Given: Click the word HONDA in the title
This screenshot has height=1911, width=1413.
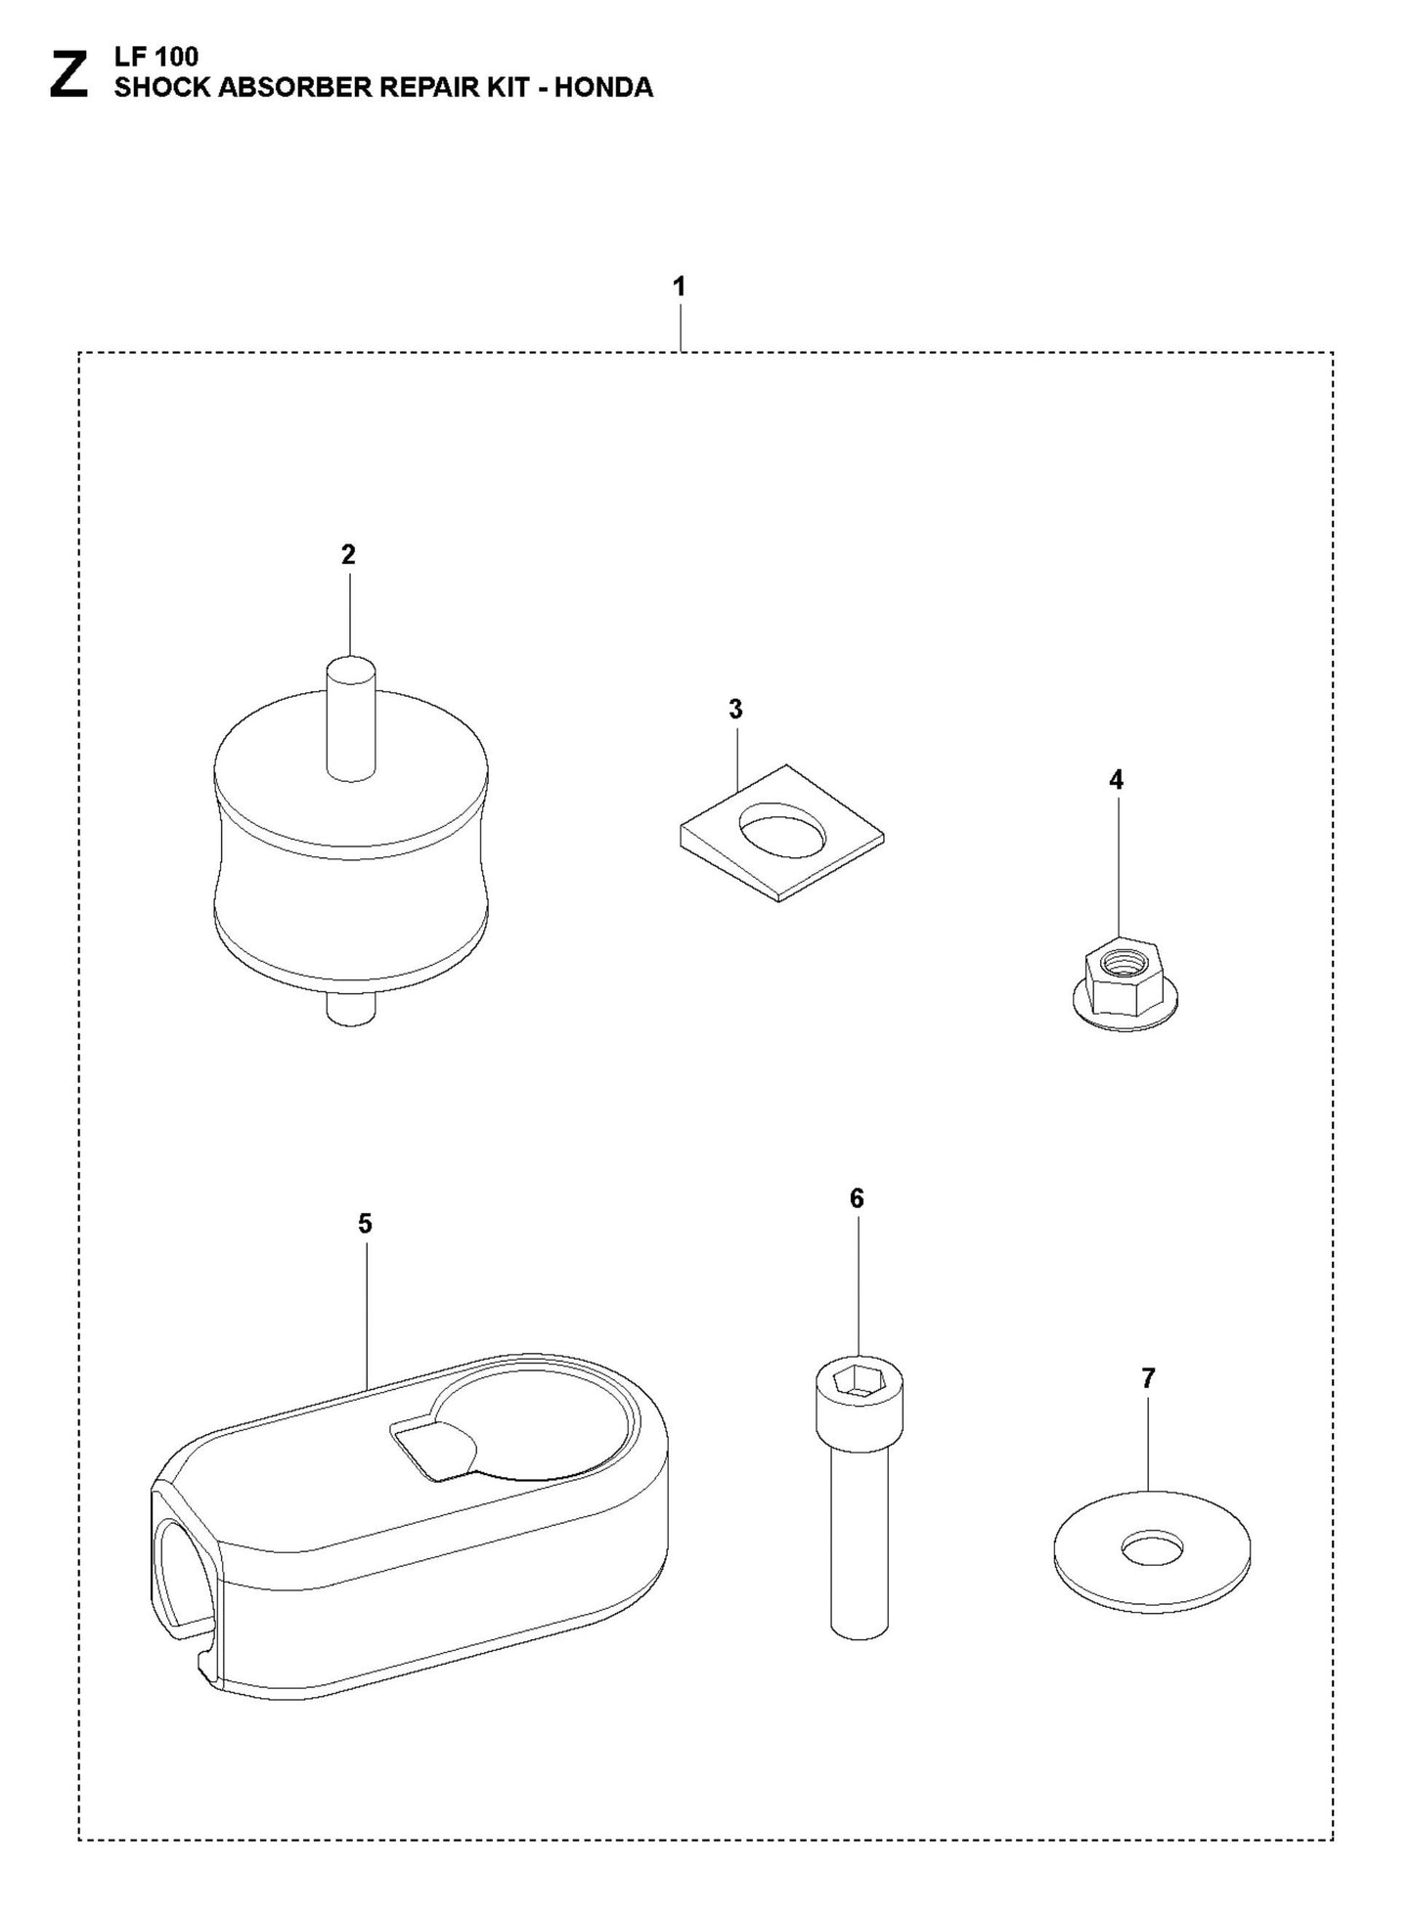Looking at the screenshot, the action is (603, 87).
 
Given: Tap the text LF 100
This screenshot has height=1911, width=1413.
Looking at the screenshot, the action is (155, 58).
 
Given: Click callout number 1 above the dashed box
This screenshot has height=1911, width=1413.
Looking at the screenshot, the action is (679, 287).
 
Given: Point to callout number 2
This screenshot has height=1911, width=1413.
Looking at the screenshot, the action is (348, 555).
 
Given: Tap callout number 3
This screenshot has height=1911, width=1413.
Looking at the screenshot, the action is (735, 710).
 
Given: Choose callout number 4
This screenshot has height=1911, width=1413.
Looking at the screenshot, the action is (1116, 780).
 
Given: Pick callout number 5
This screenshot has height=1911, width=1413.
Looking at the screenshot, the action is (365, 1224).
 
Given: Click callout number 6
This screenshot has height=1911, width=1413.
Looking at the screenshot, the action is (857, 1198).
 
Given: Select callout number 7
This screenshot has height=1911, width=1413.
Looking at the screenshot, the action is (1148, 1378).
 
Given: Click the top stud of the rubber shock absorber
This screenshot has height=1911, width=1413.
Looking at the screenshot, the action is (349, 718).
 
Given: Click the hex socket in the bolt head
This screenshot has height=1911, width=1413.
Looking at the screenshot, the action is (860, 1380).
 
